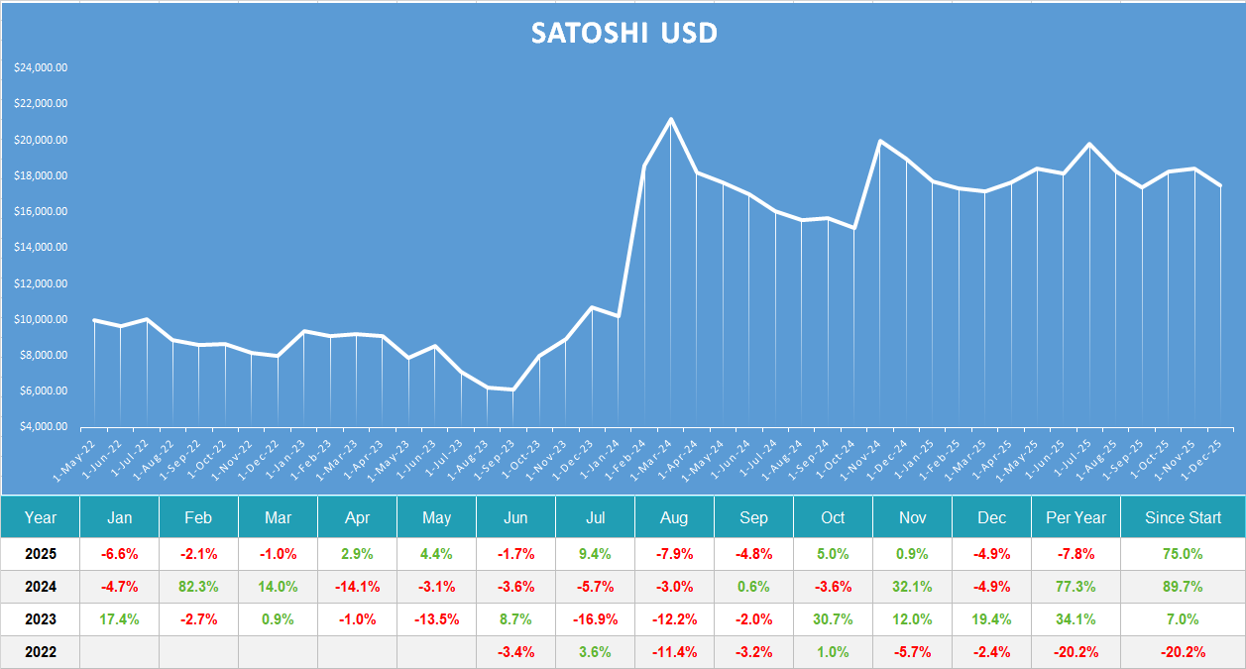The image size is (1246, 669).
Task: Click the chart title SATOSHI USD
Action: (x=623, y=33)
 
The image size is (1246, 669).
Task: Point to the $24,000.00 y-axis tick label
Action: (x=42, y=68)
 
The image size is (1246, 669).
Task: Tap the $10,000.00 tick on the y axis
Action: (x=42, y=320)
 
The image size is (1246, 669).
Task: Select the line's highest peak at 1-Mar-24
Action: (x=671, y=120)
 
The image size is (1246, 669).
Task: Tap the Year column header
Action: (x=41, y=517)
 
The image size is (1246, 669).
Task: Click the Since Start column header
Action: (x=1183, y=517)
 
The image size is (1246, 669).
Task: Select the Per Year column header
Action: (x=1076, y=517)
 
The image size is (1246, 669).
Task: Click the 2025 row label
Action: (x=41, y=553)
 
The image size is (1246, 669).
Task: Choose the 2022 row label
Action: (x=41, y=652)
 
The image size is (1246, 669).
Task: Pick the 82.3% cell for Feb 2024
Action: (x=198, y=587)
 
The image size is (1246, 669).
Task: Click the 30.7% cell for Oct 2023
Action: (x=833, y=619)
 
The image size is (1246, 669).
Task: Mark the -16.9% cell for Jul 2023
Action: (x=595, y=619)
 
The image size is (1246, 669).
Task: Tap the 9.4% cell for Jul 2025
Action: (x=595, y=553)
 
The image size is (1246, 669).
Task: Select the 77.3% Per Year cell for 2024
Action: (x=1076, y=587)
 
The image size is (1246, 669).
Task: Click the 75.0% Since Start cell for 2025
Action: (x=1183, y=553)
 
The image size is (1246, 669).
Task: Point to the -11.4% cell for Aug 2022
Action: (x=674, y=652)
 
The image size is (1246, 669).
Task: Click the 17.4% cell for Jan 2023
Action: (x=119, y=619)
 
